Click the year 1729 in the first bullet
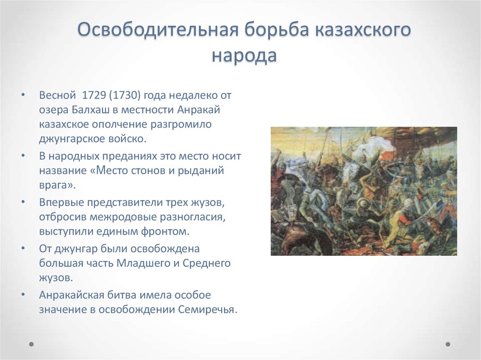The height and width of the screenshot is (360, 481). (x=93, y=95)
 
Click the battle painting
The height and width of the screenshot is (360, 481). (x=364, y=191)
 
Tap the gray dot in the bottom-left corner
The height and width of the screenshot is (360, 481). (x=31, y=344)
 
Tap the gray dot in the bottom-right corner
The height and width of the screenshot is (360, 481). (x=448, y=344)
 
